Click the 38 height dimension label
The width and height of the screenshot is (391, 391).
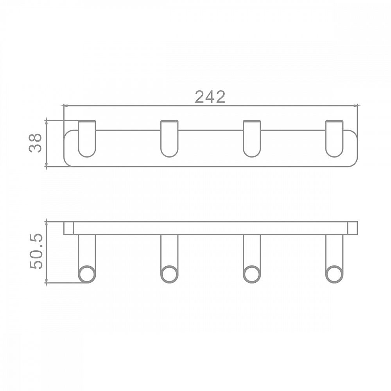35,143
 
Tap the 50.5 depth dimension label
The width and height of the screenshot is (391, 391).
36,251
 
